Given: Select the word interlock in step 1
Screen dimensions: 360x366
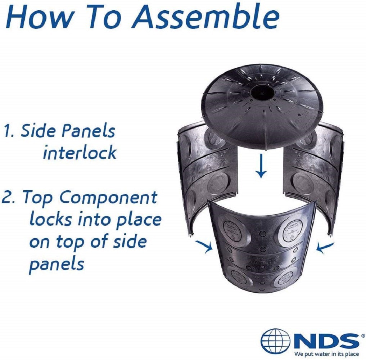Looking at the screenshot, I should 80,153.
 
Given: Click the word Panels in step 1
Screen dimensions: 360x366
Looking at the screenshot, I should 88,131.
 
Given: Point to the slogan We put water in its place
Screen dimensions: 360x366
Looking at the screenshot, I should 326,354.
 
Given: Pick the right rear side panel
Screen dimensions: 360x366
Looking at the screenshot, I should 313,173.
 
